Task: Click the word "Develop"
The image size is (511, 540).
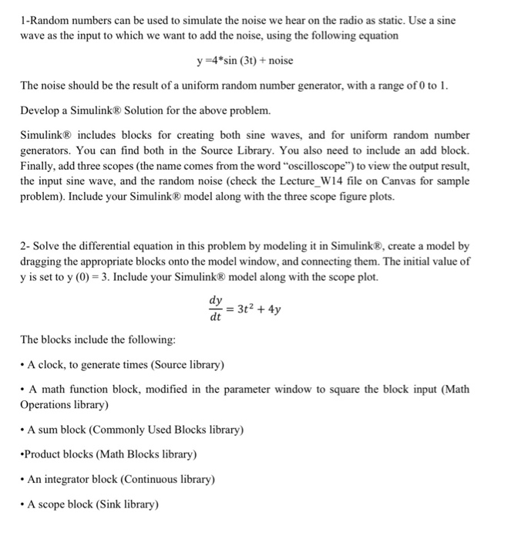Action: point(42,110)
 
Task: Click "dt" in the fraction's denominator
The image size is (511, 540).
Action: point(216,316)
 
